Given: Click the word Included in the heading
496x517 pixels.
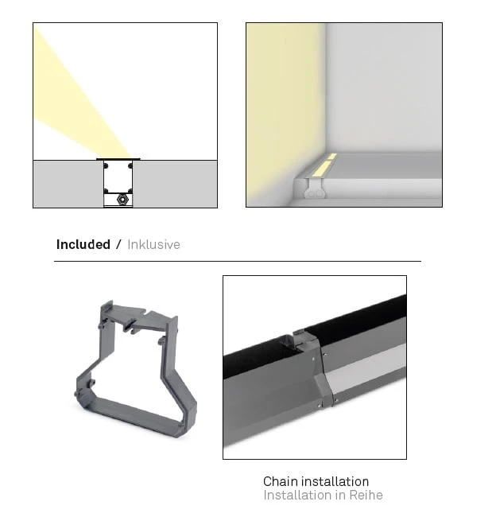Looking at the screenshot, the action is click(83, 244).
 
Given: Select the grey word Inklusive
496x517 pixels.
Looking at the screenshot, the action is click(153, 244).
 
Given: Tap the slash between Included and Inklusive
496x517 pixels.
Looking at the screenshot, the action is click(118, 244).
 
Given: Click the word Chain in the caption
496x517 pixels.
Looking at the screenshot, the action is click(280, 481).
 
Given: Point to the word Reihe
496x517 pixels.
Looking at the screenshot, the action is click(366, 496).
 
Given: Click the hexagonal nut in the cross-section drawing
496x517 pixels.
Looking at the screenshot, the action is click(122, 200).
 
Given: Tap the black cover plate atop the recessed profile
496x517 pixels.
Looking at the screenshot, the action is click(118, 159).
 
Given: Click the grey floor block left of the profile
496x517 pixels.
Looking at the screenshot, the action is click(68, 184).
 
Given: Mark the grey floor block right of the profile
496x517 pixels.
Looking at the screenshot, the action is click(175, 184).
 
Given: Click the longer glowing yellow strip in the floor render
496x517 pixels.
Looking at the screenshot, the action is click(320, 169).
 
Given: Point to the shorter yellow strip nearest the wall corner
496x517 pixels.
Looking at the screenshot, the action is click(332, 156).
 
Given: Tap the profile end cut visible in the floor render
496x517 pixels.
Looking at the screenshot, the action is click(316, 189).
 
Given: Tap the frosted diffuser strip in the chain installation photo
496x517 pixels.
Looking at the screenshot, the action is click(366, 368).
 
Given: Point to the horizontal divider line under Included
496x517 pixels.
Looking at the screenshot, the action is click(238, 261).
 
